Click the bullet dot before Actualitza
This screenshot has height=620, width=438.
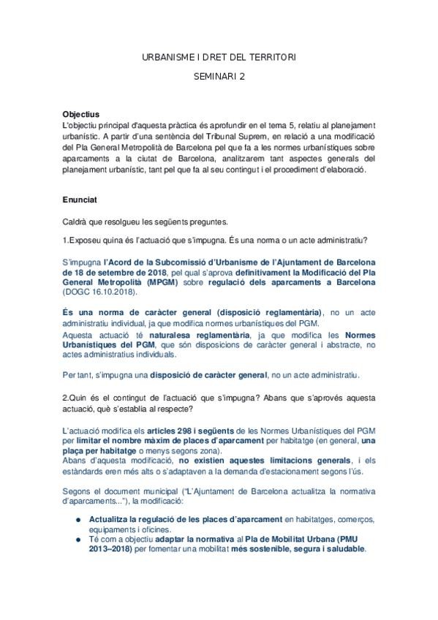click(x=78, y=518)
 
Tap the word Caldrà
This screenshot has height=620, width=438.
click(x=75, y=221)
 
